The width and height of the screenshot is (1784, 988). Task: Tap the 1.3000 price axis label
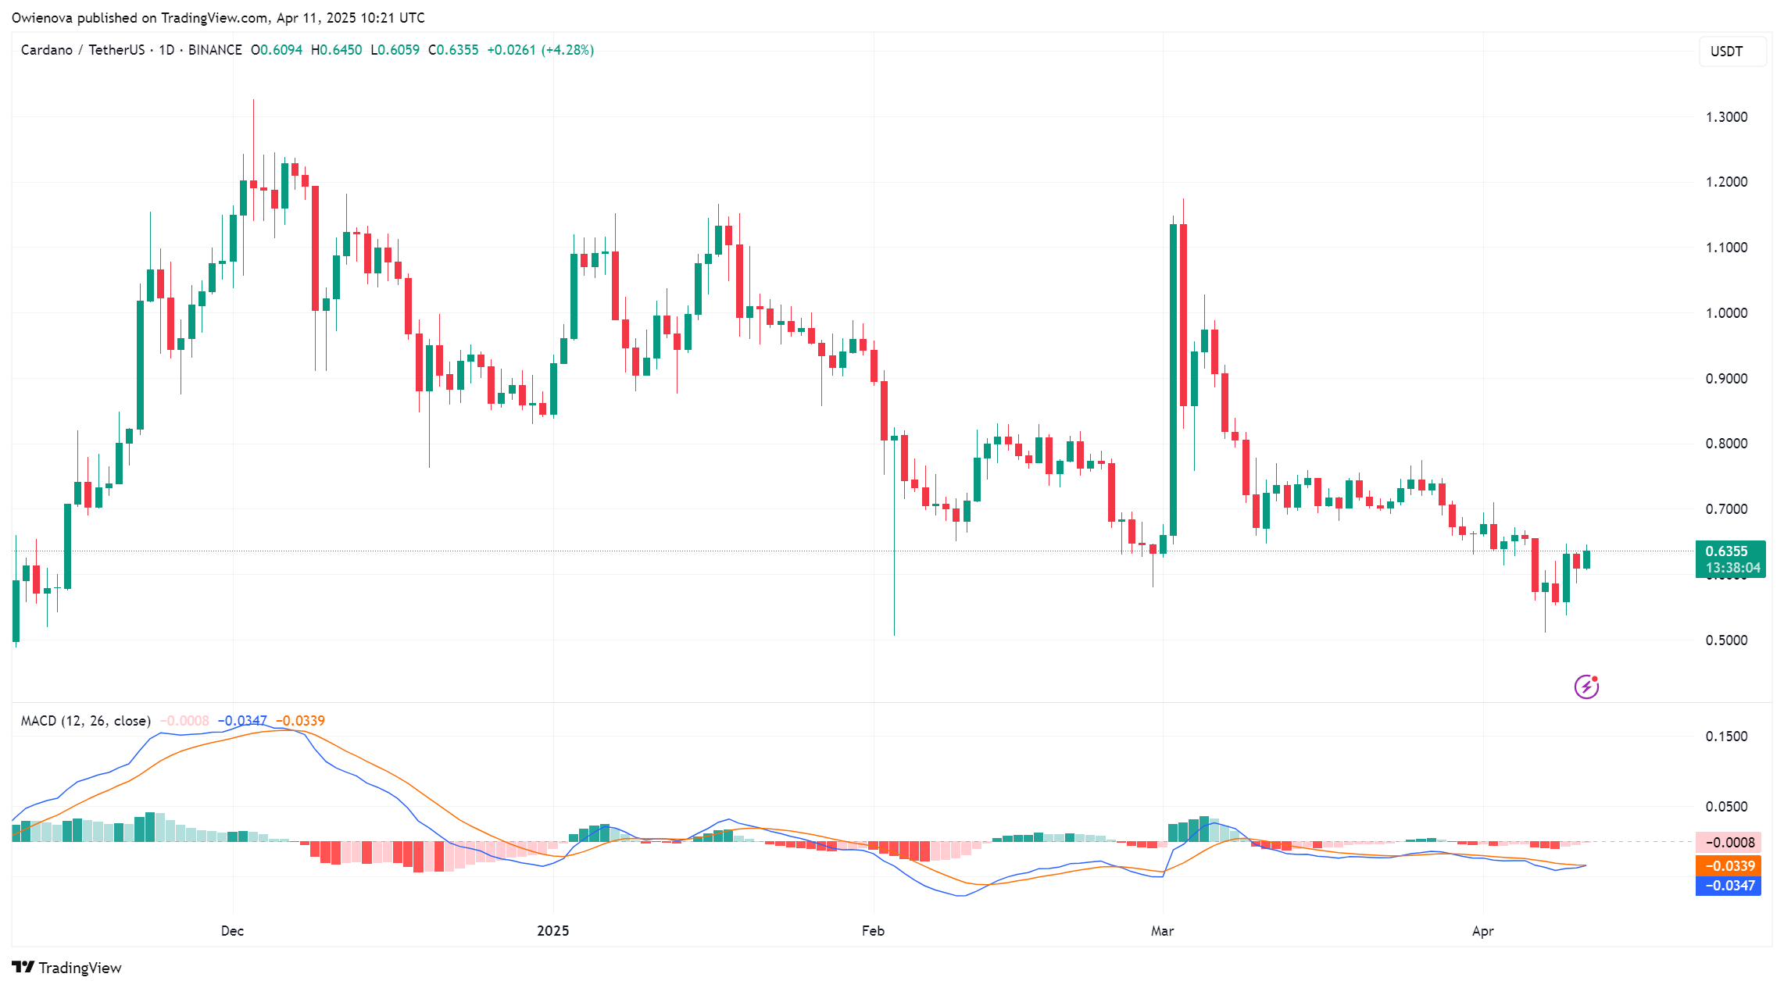[1726, 117]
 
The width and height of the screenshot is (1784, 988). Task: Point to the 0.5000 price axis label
[1726, 640]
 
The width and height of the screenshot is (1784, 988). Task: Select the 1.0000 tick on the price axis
[1726, 313]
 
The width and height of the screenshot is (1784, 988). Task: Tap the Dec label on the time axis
[232, 931]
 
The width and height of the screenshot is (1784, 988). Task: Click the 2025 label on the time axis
[553, 931]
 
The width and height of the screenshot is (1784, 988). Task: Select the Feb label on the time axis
[873, 931]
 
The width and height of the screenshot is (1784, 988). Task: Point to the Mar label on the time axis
[1163, 931]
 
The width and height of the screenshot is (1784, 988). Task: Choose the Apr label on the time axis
[1482, 931]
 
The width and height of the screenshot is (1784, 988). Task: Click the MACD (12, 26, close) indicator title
[86, 721]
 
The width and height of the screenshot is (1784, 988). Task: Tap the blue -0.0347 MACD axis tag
[1728, 886]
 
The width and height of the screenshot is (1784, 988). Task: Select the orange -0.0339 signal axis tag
[1728, 866]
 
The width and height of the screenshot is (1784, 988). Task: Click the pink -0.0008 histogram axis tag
[1728, 843]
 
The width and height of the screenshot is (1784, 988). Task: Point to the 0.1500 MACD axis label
[1726, 737]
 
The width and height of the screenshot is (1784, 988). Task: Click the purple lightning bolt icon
[1586, 687]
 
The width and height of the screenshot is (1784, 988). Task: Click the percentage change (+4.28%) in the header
[567, 50]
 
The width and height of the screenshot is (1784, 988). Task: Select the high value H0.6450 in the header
[337, 50]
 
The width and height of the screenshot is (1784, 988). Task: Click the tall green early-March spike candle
[1173, 375]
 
